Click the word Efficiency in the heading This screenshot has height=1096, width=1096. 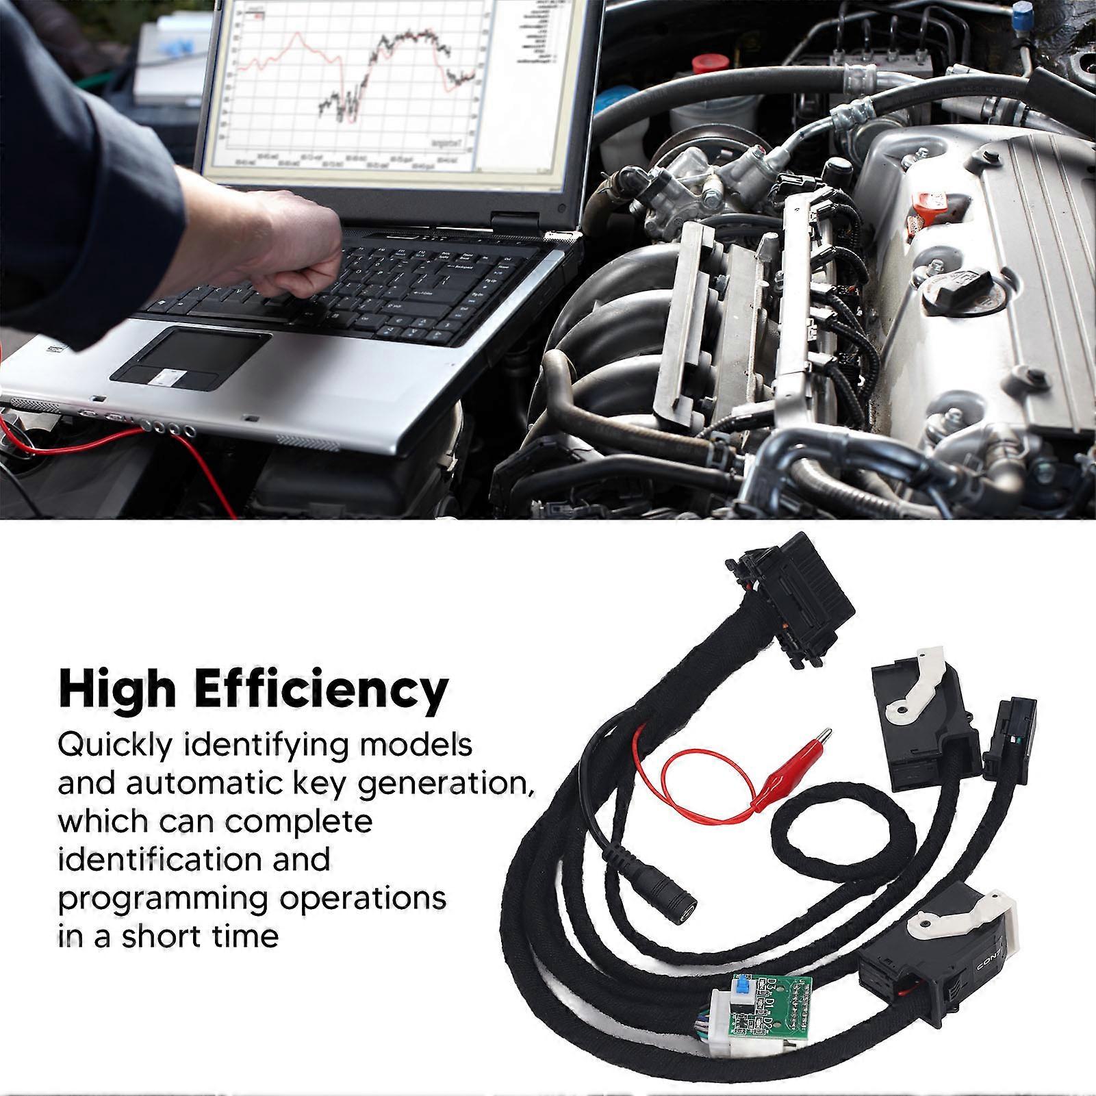tap(322, 690)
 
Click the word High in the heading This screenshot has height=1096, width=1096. tap(117, 690)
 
